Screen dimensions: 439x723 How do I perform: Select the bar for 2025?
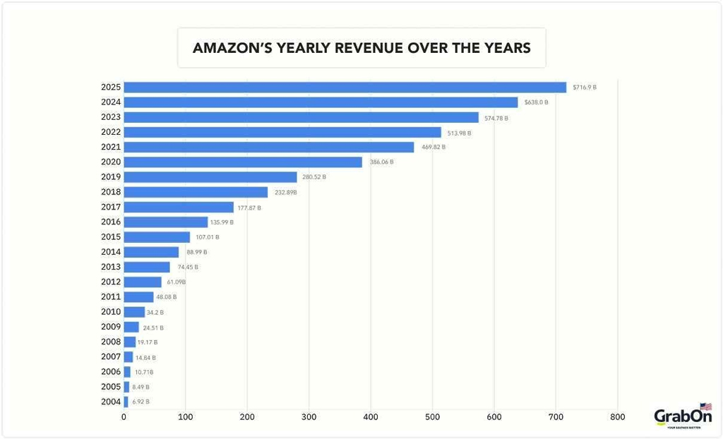pos(345,88)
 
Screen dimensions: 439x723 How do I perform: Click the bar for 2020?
pos(243,162)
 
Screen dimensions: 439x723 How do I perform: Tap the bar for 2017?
pos(179,208)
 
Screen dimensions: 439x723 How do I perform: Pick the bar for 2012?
pos(143,282)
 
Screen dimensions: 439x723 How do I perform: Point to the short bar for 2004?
pos(126,402)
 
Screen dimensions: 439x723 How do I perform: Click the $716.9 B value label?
pos(583,88)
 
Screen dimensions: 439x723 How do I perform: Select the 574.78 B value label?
pos(495,118)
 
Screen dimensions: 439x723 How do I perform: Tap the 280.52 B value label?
pos(313,177)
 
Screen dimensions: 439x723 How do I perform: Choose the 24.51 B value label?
pos(153,327)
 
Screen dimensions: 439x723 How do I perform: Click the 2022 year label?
pos(111,132)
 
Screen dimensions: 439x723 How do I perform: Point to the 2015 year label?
pos(111,237)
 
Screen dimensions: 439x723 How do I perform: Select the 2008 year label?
pos(111,342)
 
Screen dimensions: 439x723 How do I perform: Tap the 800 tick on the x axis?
pos(617,418)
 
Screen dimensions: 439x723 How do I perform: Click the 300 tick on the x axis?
pos(309,418)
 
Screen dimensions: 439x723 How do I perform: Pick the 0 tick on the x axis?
pos(124,418)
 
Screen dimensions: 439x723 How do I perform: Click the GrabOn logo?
pos(682,418)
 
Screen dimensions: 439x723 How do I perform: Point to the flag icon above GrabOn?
pos(705,407)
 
